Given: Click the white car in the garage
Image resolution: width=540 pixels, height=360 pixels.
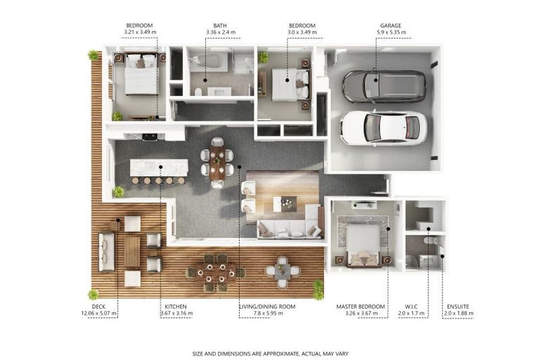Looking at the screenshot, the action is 383,128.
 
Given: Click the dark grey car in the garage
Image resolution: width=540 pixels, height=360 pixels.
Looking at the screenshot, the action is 384,86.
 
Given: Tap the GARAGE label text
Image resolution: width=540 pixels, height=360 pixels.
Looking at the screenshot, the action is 390,25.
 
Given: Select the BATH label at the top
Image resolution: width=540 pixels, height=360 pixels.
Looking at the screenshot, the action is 220,25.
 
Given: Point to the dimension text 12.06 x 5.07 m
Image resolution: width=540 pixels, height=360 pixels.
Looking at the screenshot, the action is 99,314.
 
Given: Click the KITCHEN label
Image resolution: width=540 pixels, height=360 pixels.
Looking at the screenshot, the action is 176,307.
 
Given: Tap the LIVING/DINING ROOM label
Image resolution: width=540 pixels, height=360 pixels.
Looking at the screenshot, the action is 267,307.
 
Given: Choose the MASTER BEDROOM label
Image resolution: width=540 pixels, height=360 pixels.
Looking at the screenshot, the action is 361,307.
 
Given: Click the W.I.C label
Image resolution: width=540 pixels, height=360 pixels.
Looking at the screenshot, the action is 411,307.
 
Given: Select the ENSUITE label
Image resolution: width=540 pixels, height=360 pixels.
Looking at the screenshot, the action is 458,307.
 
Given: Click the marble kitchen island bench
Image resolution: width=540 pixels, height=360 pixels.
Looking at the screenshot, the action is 159,168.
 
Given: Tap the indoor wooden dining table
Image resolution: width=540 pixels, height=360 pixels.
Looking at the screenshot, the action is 217,162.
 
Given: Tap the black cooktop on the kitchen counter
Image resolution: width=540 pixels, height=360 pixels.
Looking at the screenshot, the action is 150,137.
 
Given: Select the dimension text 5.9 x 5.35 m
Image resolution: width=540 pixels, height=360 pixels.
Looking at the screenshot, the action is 391,32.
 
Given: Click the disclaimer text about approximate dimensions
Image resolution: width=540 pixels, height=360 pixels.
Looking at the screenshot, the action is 270,354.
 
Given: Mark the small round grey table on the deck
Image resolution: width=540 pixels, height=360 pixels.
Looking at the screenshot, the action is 283,271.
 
